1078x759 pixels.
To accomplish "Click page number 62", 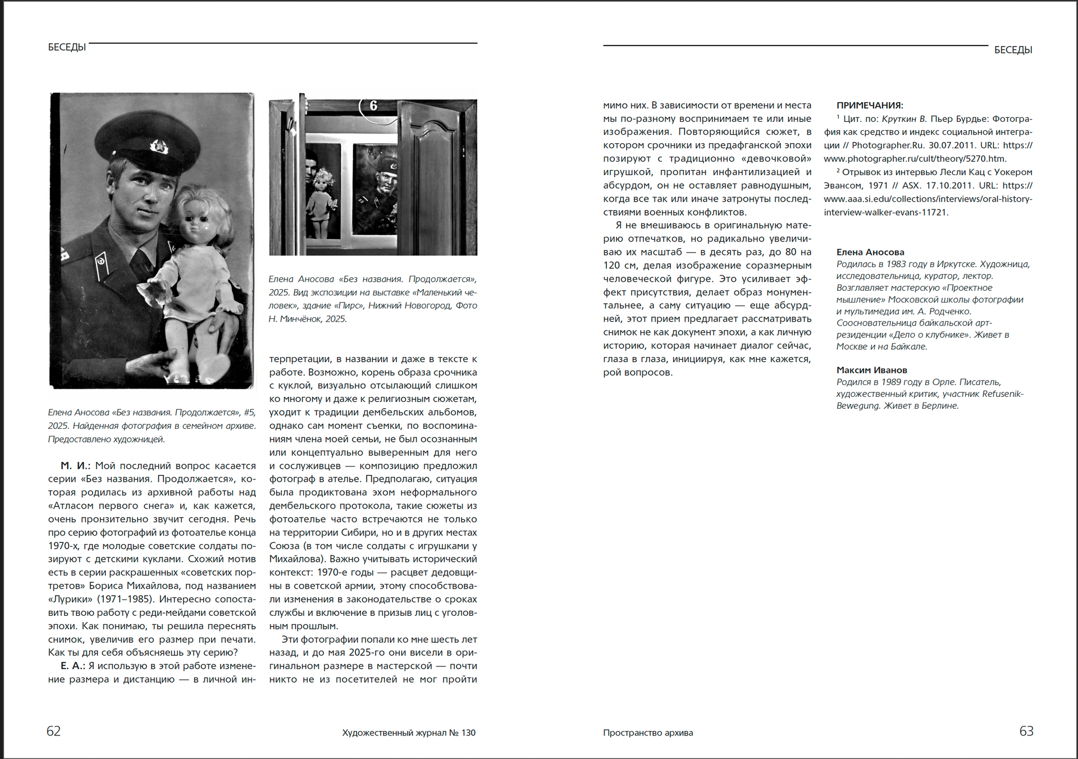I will (53, 731).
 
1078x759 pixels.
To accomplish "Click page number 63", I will (1026, 731).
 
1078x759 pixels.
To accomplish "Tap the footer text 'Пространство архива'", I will (647, 733).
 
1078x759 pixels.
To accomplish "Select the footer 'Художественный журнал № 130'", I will (409, 733).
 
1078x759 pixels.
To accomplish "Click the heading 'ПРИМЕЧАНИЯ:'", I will (869, 106).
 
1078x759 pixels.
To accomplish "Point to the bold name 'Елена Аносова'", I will (870, 252).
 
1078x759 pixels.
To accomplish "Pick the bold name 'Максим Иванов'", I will (871, 370).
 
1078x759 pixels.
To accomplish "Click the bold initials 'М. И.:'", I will (75, 465).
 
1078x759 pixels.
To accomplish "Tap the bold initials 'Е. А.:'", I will (73, 666).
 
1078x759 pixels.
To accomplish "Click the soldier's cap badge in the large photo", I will (159, 147).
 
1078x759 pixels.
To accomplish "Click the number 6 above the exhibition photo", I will (373, 106).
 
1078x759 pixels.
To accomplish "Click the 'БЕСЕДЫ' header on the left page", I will (67, 47).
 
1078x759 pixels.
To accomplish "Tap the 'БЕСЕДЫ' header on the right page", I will (1013, 50).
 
